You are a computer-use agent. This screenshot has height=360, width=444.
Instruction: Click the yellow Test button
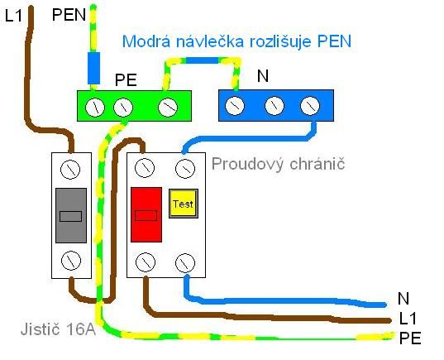[184, 204]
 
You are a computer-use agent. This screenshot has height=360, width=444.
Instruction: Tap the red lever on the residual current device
[146, 214]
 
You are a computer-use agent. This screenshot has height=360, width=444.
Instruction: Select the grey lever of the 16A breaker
[71, 215]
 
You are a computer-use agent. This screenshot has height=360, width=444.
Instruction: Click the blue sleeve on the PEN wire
[93, 68]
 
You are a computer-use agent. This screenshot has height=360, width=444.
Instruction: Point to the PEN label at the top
[69, 15]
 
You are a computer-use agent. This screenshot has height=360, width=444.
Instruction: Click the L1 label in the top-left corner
[13, 16]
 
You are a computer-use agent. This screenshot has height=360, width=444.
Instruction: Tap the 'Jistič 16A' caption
[58, 329]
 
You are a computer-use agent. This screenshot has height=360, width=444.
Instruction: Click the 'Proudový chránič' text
[278, 164]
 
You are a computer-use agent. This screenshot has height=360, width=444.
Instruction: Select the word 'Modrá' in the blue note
[146, 41]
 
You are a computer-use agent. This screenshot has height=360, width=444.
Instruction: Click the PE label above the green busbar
[126, 80]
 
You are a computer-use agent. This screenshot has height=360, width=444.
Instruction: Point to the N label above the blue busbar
[263, 76]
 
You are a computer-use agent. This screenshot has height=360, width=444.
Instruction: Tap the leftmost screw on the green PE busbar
[95, 108]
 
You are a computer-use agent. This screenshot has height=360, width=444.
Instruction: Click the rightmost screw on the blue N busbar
[310, 106]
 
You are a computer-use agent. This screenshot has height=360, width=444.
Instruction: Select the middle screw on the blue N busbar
[275, 106]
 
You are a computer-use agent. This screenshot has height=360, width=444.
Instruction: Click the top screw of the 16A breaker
[70, 169]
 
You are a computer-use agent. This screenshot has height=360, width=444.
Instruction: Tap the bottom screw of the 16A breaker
[71, 261]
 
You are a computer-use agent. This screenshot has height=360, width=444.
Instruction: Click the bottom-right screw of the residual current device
[185, 263]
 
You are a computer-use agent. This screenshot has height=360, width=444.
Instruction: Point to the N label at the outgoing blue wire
[403, 299]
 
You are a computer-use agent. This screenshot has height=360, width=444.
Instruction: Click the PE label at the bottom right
[410, 338]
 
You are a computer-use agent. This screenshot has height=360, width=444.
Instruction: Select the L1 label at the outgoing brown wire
[408, 319]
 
